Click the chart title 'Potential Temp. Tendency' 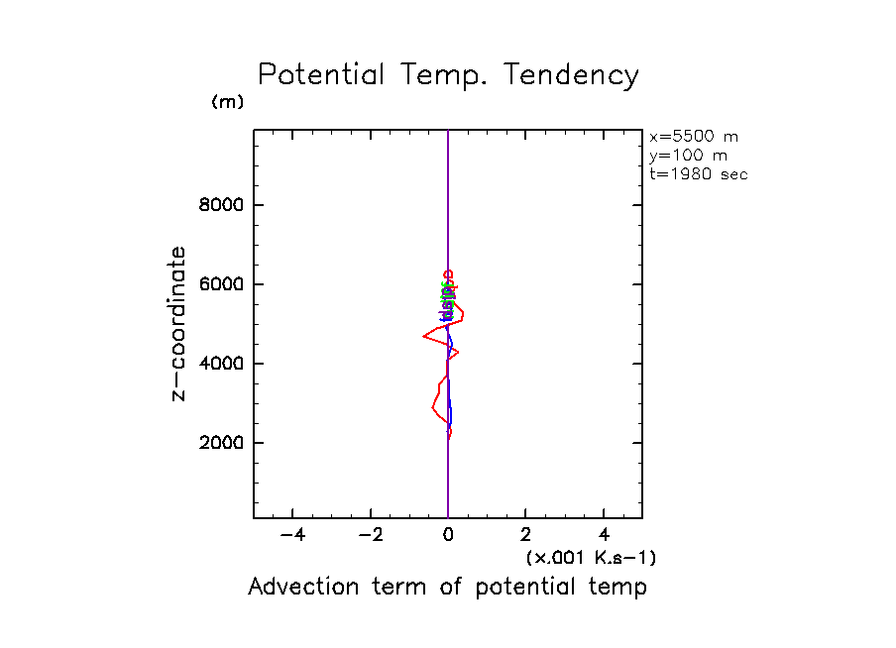[x=448, y=75]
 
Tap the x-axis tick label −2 [x=370, y=536]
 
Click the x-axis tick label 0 [x=449, y=536]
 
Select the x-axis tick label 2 [x=526, y=536]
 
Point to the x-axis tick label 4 [x=605, y=536]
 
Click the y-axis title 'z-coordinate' [x=179, y=323]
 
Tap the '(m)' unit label [x=227, y=102]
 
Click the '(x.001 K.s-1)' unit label [x=591, y=558]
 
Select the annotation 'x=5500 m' [x=694, y=137]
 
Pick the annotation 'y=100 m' [x=687, y=156]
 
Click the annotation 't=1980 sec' [x=698, y=174]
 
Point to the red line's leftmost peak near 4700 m [x=425, y=337]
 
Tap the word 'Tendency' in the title [x=571, y=75]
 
